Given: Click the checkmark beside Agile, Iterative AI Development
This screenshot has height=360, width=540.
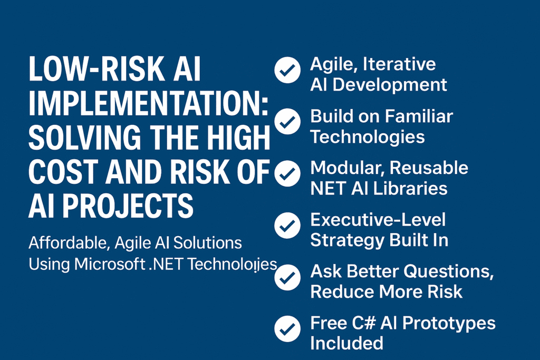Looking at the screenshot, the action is click(x=287, y=70).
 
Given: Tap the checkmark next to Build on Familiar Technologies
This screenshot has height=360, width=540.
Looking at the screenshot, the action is click(x=287, y=121).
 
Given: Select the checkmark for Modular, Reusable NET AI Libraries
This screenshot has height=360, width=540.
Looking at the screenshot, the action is click(x=287, y=173).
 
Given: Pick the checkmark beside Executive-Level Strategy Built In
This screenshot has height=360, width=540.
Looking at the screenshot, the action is click(x=287, y=226).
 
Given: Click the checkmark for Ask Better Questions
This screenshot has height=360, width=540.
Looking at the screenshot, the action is click(x=287, y=277).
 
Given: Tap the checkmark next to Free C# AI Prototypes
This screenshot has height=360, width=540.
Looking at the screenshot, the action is click(x=287, y=329).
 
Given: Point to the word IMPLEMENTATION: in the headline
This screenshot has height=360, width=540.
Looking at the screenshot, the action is click(x=149, y=103).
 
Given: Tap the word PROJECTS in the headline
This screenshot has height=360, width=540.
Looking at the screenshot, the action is click(x=128, y=206).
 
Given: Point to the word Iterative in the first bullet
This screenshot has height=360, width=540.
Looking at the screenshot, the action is click(x=399, y=64).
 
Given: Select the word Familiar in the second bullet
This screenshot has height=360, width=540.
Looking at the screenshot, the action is click(x=419, y=116).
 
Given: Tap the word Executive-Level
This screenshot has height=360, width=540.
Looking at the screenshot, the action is click(x=378, y=220).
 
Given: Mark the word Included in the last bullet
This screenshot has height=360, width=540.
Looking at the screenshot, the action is click(x=346, y=343).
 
